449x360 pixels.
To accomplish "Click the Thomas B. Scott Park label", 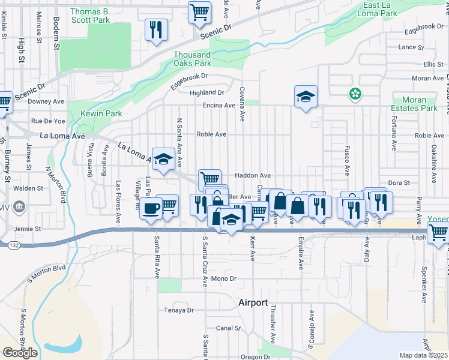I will click(x=89, y=16).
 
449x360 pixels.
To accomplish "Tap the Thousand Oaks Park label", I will click(x=192, y=59).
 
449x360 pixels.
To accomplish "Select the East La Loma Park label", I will click(x=377, y=9).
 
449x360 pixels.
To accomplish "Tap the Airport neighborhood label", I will click(x=253, y=302).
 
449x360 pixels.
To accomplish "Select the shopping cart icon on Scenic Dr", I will click(x=199, y=11).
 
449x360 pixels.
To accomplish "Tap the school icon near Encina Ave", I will click(x=306, y=96).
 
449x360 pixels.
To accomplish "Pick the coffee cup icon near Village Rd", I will click(x=151, y=208).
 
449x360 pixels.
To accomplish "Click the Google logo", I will click(x=20, y=353).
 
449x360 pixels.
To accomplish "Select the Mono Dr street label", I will click(x=224, y=279).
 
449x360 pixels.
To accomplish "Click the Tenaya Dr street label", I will click(x=179, y=310).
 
